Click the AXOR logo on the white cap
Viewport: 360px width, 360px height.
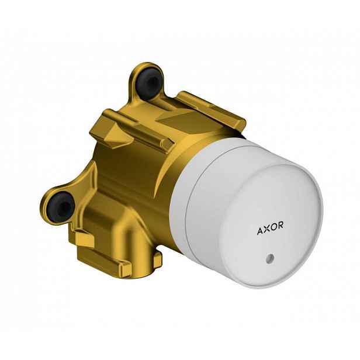click(270, 228)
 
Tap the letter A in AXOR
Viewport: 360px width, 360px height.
click(260, 231)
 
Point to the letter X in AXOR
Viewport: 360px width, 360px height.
click(266, 229)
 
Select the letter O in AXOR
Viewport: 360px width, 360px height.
click(274, 227)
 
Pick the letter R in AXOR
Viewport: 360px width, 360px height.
click(281, 225)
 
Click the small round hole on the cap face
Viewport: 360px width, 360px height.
click(269, 258)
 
